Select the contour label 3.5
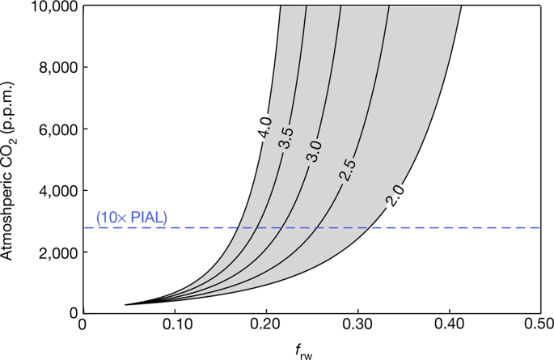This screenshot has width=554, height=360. tap(285, 138)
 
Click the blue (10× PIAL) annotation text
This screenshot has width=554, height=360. tap(132, 217)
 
